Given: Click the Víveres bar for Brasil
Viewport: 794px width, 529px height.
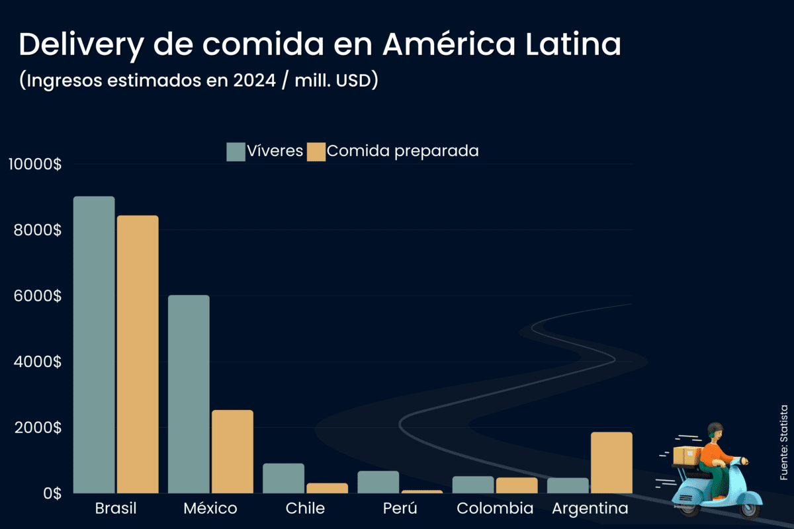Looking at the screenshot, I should (94, 345).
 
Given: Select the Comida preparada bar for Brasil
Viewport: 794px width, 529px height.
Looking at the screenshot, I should (138, 354).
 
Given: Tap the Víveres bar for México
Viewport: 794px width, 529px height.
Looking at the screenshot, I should (189, 394).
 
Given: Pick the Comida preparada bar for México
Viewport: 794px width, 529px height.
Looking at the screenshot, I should (232, 452).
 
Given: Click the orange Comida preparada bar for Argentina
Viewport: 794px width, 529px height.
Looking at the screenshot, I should (611, 462).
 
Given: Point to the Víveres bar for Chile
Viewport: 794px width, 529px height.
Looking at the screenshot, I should (283, 478).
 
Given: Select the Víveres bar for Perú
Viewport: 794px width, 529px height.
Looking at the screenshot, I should (378, 482).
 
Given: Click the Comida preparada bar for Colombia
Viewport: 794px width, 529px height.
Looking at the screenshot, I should (517, 485).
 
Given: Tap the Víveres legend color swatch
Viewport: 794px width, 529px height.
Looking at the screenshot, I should (236, 151).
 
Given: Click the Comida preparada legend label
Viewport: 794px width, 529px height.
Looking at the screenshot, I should (402, 151).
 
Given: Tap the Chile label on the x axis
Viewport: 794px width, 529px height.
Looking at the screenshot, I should (305, 509).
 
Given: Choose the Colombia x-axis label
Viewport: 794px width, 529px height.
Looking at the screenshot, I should (495, 509).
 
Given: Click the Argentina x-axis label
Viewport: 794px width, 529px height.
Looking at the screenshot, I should (590, 509).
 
